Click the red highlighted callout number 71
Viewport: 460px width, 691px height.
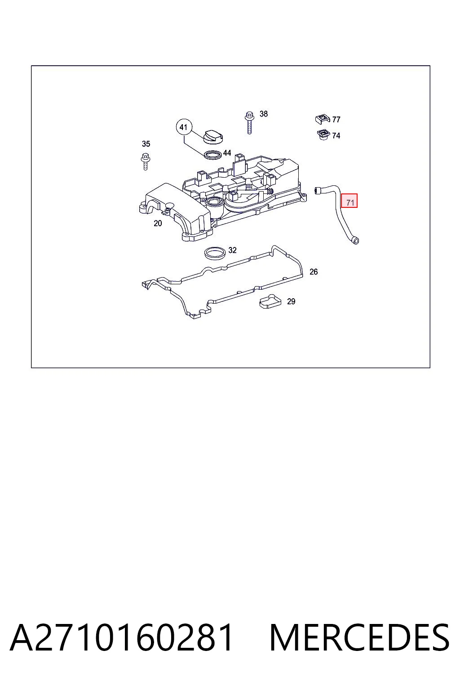(349, 201)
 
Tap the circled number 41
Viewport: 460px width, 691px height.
(184, 127)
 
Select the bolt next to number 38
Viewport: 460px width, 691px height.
(249, 122)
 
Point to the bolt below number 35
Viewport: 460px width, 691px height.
(145, 161)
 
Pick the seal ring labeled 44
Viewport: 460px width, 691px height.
(213, 155)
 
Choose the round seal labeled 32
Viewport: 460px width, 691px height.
(215, 253)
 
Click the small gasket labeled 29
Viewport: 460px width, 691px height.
(270, 301)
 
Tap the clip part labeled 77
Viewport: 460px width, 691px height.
(323, 119)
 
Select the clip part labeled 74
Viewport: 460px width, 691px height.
(323, 135)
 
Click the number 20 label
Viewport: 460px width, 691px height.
(158, 223)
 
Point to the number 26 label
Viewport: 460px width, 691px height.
(314, 272)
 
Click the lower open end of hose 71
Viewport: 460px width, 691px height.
(355, 241)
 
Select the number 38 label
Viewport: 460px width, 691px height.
(263, 114)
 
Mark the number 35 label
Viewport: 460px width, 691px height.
(146, 144)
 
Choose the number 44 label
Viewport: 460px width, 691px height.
(227, 153)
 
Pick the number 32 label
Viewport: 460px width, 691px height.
(233, 250)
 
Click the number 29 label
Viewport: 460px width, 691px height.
(291, 301)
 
